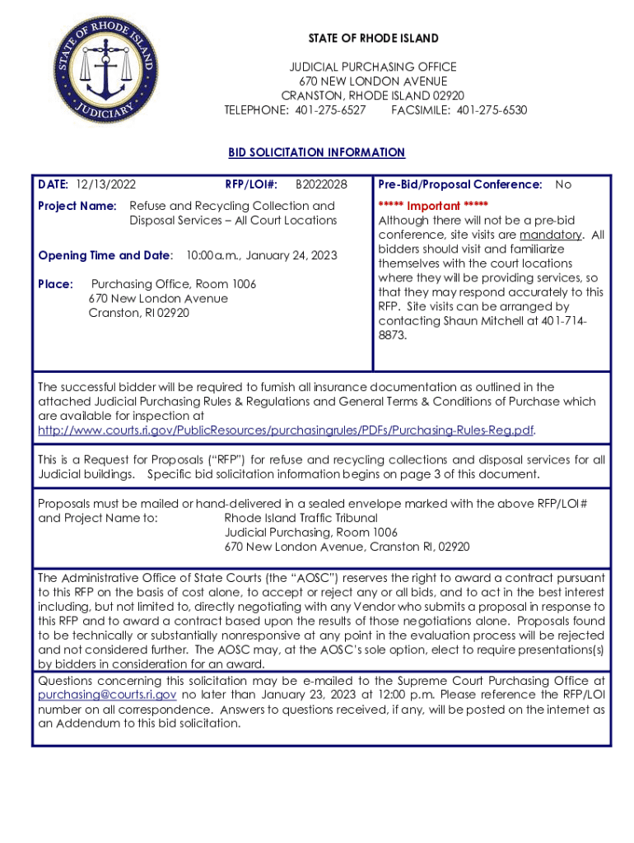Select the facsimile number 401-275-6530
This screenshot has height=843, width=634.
click(x=492, y=110)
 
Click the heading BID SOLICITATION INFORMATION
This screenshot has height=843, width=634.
click(x=316, y=152)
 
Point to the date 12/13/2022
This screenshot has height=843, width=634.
click(x=105, y=184)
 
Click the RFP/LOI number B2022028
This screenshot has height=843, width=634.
click(x=321, y=184)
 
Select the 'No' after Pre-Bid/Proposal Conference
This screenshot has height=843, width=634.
click(x=563, y=184)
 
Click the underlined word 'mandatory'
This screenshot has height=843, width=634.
click(x=551, y=234)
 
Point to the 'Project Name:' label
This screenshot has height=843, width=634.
click(x=77, y=206)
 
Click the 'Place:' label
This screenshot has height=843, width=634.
click(x=56, y=284)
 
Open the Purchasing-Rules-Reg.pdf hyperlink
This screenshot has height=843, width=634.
click(x=287, y=431)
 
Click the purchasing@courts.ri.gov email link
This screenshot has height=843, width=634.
click(x=107, y=695)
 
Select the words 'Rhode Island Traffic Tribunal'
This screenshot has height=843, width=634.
click(x=301, y=518)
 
